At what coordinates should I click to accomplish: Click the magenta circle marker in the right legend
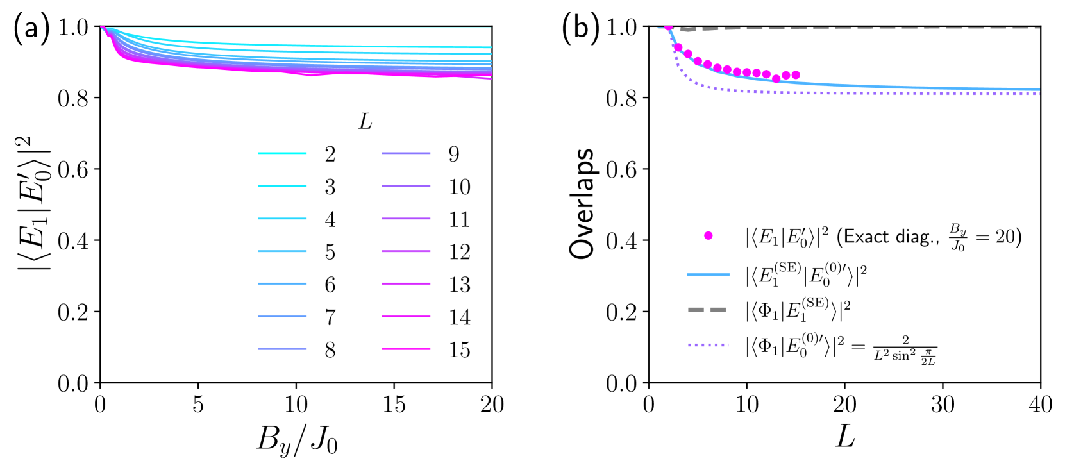coord(708,235)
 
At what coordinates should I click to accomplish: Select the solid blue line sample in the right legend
coord(708,274)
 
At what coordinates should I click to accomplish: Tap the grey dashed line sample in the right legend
coord(707,310)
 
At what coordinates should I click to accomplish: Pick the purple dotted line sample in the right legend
coord(708,345)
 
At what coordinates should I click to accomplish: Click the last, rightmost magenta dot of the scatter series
coord(796,75)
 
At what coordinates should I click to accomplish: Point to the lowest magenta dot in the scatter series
coord(776,78)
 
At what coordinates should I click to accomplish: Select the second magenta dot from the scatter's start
coord(678,47)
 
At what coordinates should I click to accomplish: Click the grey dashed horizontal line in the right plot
coord(898,28)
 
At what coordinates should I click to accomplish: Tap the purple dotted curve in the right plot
coord(898,94)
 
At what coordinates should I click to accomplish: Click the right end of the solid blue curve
coord(1038,89)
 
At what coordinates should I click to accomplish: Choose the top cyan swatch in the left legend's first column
coord(282,153)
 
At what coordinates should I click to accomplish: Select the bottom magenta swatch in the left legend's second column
coord(406,349)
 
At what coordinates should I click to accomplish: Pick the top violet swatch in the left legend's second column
coord(406,153)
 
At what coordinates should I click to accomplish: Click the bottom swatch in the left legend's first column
coord(282,349)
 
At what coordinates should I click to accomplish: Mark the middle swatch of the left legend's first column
coord(282,251)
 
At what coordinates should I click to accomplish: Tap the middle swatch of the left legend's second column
coord(406,251)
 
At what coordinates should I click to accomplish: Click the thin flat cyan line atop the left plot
coord(321,27)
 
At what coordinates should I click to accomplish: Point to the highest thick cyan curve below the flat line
coord(385,46)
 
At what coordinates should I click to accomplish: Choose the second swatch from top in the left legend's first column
coord(282,186)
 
